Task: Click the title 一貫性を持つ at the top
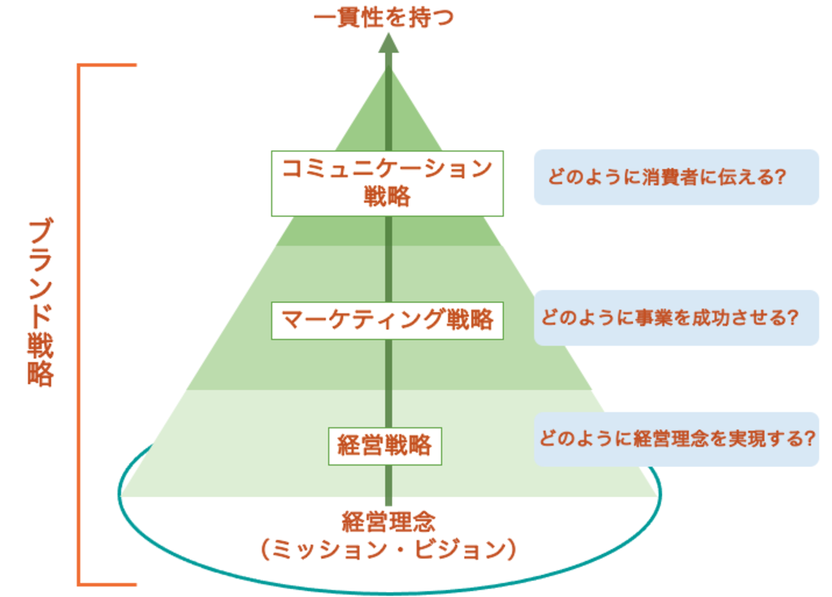tap(383, 17)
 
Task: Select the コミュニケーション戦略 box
tap(388, 182)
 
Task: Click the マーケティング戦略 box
tap(387, 320)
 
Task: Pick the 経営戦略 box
tap(384, 446)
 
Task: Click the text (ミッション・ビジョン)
tap(388, 550)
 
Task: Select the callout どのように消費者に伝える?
tap(675, 177)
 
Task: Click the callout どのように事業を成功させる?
tap(675, 318)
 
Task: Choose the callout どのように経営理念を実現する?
tap(675, 439)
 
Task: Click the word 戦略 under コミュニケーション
tap(388, 197)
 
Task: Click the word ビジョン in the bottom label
tap(471, 550)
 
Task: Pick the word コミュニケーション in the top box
tap(388, 169)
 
